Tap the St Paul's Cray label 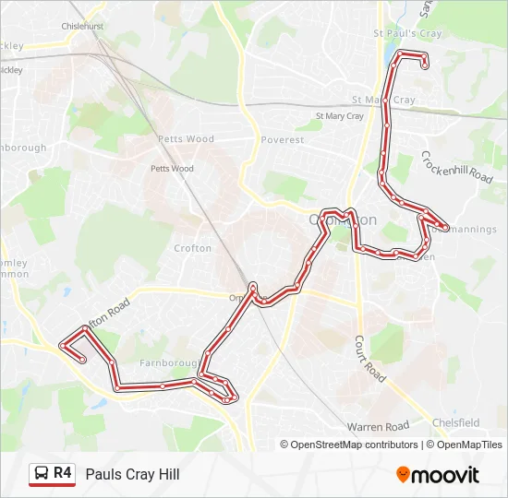[407, 34]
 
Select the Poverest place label [282, 140]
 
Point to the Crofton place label [192, 248]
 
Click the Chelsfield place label [456, 422]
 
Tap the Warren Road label [378, 427]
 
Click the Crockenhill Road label [457, 167]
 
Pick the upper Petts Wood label [186, 139]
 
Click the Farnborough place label [165, 363]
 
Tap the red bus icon [42, 474]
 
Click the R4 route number [63, 473]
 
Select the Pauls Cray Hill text [132, 474]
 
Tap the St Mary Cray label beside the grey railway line [383, 100]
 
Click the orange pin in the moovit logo [404, 474]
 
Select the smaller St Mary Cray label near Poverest [340, 117]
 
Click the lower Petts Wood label [172, 169]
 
